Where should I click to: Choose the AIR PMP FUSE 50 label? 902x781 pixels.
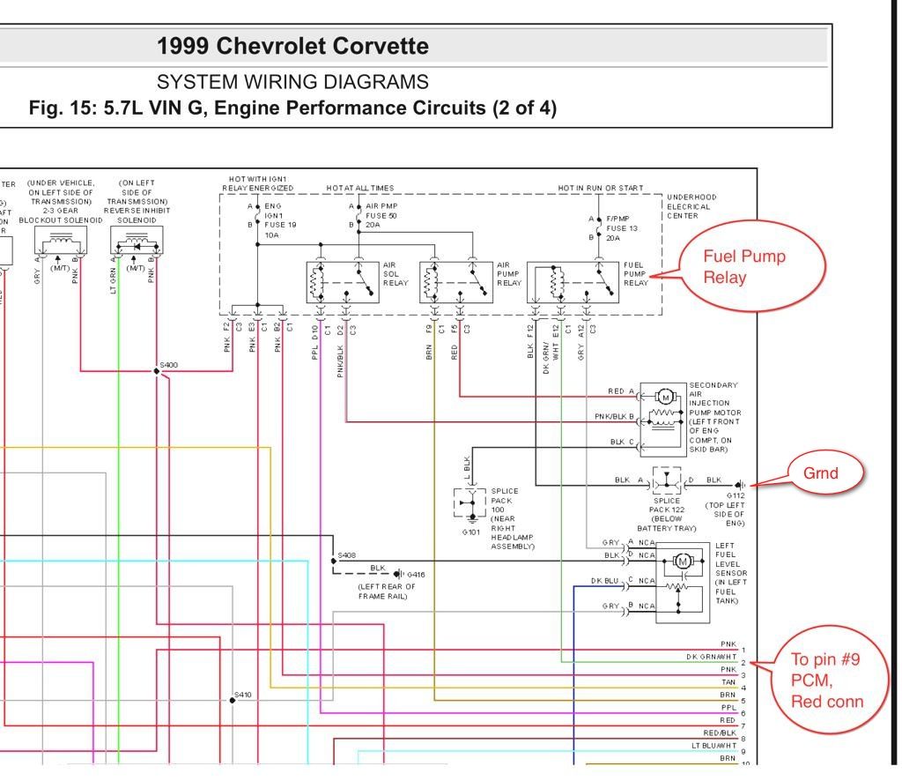point(381,215)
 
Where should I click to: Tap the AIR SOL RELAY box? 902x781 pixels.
point(343,281)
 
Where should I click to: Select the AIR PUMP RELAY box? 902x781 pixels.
point(456,281)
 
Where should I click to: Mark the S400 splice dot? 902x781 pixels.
point(157,371)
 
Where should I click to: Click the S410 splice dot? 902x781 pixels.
point(233,700)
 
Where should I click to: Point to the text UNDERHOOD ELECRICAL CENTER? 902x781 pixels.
point(691,205)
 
